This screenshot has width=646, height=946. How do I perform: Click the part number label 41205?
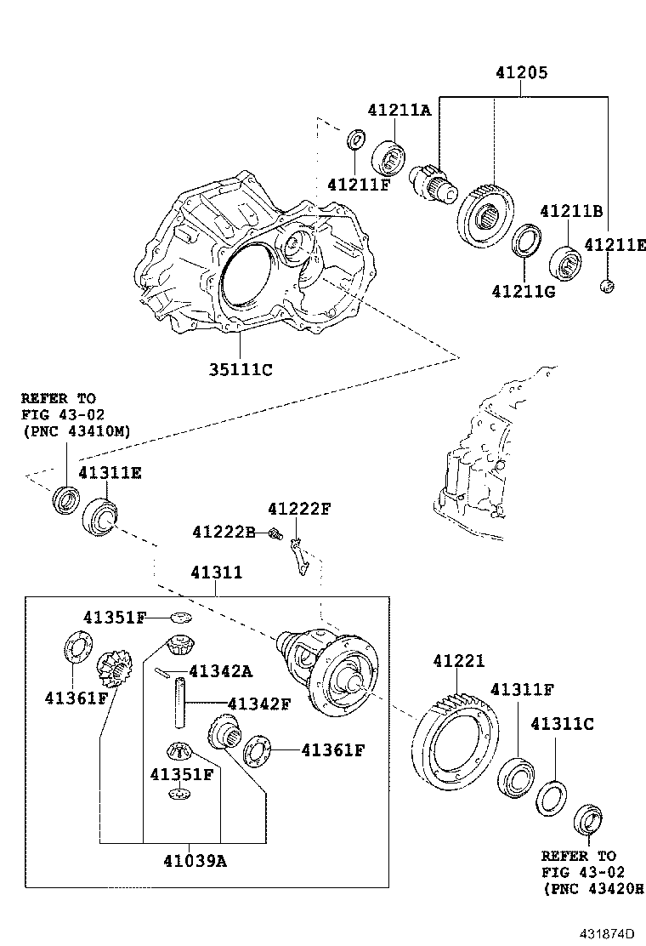click(x=521, y=74)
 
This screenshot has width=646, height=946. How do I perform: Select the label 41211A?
click(x=399, y=111)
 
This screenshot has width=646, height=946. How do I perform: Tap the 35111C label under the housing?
click(x=241, y=369)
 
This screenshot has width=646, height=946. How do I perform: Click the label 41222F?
click(x=299, y=510)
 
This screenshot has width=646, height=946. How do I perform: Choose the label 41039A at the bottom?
click(x=196, y=861)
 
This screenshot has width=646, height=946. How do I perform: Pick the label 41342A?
click(x=220, y=671)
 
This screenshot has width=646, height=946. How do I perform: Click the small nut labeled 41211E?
click(x=607, y=287)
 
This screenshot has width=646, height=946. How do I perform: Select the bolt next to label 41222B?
click(x=274, y=533)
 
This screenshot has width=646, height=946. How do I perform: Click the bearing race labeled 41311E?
click(x=102, y=517)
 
